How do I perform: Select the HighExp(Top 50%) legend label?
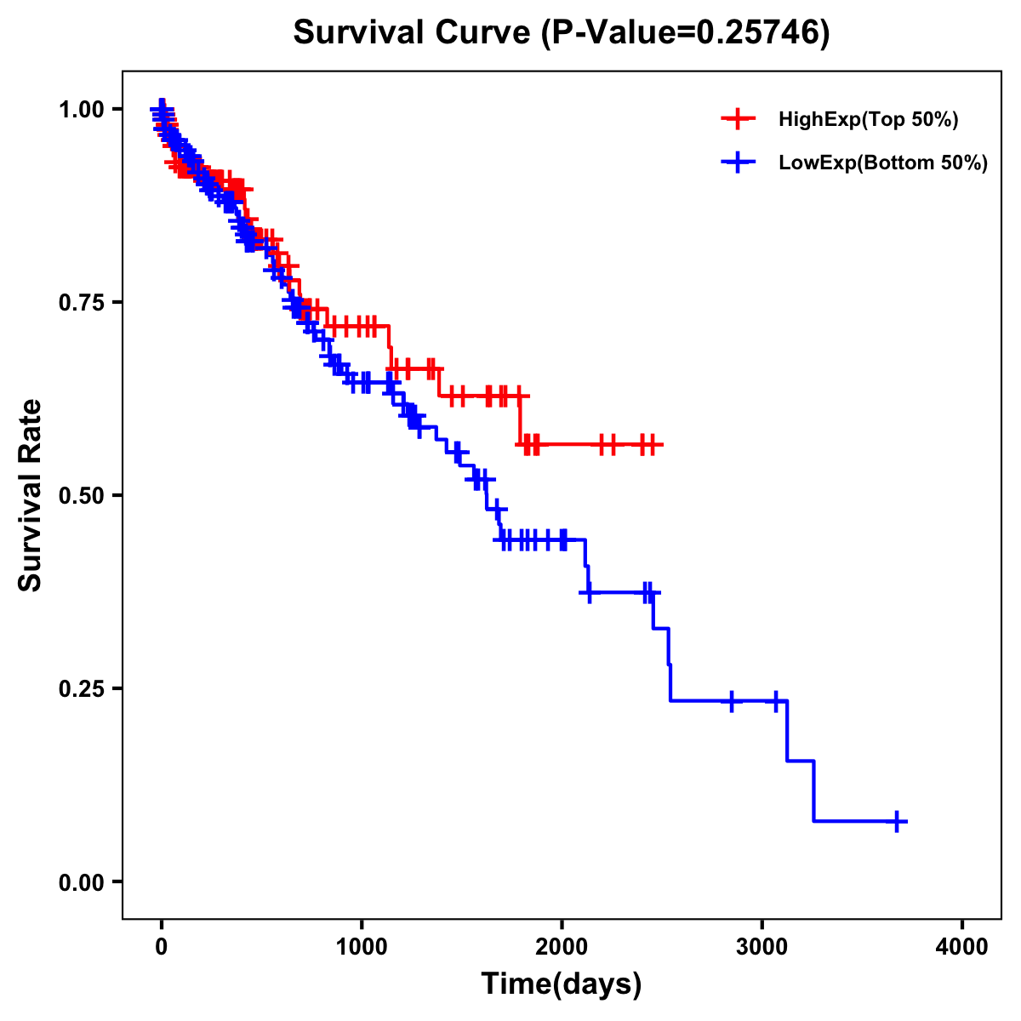point(868,120)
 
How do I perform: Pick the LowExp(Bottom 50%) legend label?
point(883,163)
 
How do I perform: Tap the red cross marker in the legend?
point(738,120)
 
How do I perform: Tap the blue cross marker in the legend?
point(738,163)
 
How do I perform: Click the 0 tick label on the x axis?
point(162,947)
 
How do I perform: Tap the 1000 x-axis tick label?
point(362,947)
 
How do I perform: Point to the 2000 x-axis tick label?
point(562,947)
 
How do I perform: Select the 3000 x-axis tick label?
point(762,947)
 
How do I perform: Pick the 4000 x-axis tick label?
point(962,947)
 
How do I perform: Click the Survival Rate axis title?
point(31,495)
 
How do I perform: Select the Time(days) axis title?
point(562,984)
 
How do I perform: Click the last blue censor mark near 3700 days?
point(897,821)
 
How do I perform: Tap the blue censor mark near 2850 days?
point(731,701)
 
